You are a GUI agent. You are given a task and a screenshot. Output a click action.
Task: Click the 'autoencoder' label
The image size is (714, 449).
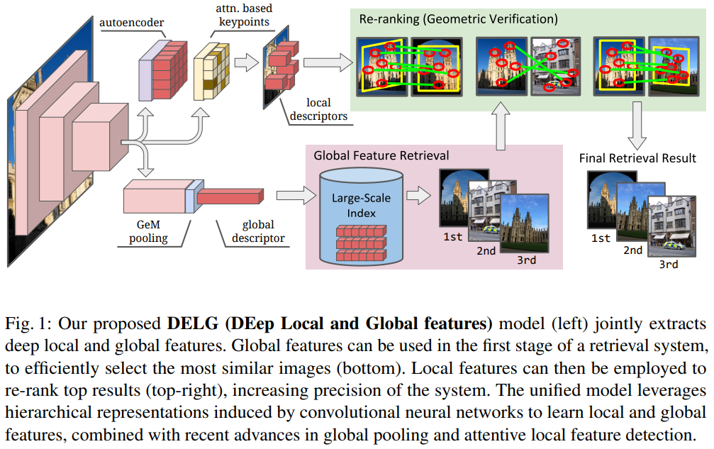coord(131,23)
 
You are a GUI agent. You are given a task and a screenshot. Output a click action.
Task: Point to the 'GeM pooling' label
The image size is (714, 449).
coord(148,231)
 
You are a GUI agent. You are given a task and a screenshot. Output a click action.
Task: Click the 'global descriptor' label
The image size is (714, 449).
coord(258,231)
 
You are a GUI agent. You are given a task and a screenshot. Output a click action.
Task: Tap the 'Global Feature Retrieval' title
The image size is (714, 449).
coord(381,154)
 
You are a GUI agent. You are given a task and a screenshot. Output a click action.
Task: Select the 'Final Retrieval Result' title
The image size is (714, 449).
coord(637,157)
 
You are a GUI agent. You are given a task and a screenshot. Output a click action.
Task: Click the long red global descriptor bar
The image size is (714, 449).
coord(230,195)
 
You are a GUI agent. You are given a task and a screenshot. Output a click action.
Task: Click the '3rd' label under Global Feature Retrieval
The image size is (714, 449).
coord(525,260)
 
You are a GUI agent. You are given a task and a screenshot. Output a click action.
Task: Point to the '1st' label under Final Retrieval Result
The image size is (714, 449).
coord(600,238)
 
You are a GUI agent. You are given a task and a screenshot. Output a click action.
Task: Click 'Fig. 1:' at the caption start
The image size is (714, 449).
coord(30,325)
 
